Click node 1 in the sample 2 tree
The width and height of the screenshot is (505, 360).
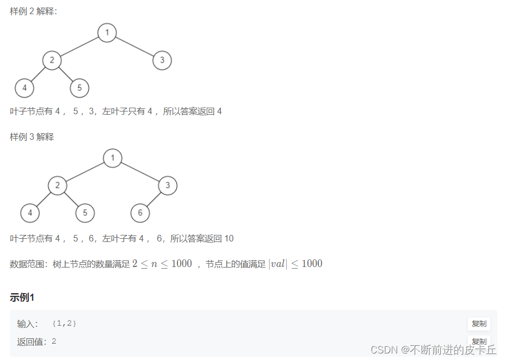107,33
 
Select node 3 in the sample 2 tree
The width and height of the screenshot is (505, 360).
162,60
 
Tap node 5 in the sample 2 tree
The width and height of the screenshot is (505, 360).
79,88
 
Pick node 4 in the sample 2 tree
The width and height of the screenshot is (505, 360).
24,88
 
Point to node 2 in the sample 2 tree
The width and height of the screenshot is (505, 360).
52,60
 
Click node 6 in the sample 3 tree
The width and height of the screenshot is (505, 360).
140,213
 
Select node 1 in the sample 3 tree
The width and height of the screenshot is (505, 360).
113,158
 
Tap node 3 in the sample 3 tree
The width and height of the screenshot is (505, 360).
168,185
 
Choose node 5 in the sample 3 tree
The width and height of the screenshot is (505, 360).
85,213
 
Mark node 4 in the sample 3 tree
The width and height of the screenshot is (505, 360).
30,213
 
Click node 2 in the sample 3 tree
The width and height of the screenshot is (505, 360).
57,185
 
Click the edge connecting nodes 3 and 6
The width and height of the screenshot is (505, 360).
154,199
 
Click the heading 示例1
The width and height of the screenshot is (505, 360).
22,297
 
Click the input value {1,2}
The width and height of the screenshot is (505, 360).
64,324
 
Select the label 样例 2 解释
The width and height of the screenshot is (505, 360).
33,11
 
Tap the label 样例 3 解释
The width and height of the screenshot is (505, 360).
32,137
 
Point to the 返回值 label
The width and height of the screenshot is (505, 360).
32,342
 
